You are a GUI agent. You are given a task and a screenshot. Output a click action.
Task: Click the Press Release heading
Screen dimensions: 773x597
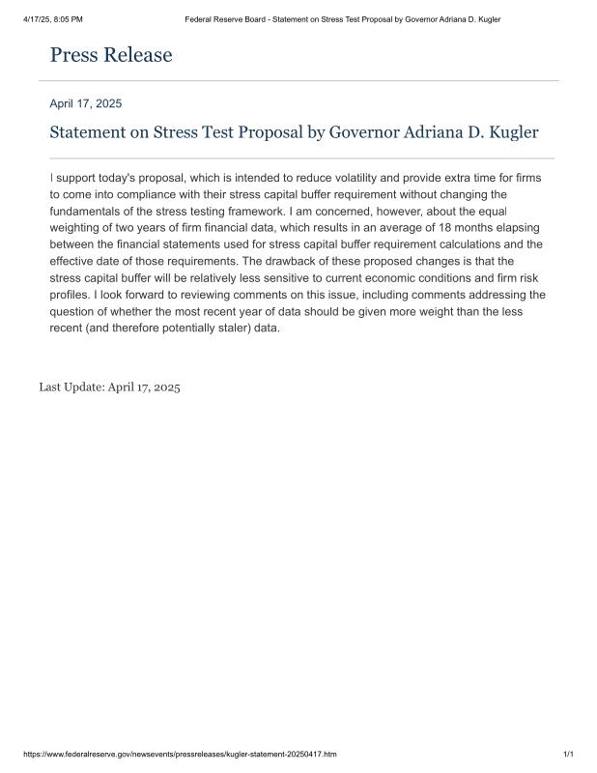111,55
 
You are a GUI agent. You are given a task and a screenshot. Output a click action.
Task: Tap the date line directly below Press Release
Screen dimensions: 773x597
85,103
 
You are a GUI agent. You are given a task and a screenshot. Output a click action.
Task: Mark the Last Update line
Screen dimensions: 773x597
109,386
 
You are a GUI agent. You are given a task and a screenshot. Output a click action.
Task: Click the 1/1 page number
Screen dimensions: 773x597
568,754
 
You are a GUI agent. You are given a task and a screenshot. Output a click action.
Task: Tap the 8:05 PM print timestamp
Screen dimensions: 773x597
66,19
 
